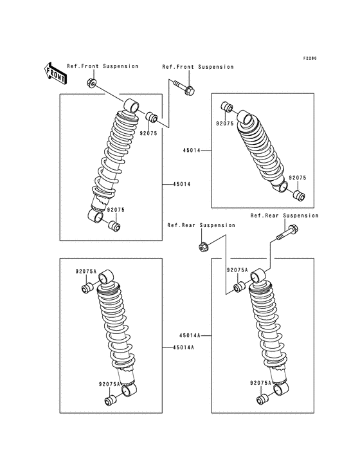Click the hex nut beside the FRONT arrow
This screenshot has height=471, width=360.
pyautogui.click(x=91, y=82)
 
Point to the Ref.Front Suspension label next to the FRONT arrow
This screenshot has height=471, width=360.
pyautogui.click(x=102, y=66)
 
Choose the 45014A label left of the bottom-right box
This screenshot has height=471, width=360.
pyautogui.click(x=190, y=335)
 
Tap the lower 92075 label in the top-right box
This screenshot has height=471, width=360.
pyautogui.click(x=297, y=178)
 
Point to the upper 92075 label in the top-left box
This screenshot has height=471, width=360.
pyautogui.click(x=148, y=134)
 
